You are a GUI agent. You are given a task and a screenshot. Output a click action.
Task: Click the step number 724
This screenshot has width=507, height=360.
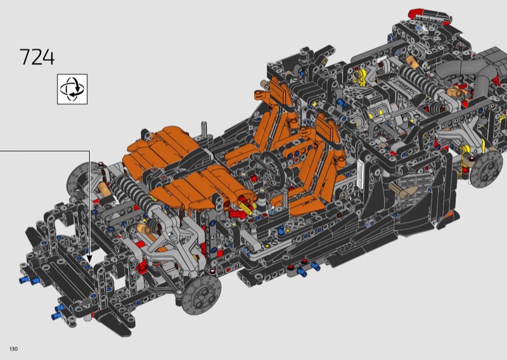tap(37, 57)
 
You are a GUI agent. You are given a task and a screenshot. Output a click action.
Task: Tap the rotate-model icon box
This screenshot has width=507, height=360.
tap(72, 89)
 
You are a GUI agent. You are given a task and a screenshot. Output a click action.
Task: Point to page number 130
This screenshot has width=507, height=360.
tap(13, 349)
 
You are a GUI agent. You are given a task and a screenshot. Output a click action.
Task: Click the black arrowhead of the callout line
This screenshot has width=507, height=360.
tap(89, 259)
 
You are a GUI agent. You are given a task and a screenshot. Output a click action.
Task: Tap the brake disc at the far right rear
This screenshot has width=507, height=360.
tap(484, 170)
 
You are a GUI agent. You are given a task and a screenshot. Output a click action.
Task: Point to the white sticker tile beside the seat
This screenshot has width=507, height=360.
tap(361, 174)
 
